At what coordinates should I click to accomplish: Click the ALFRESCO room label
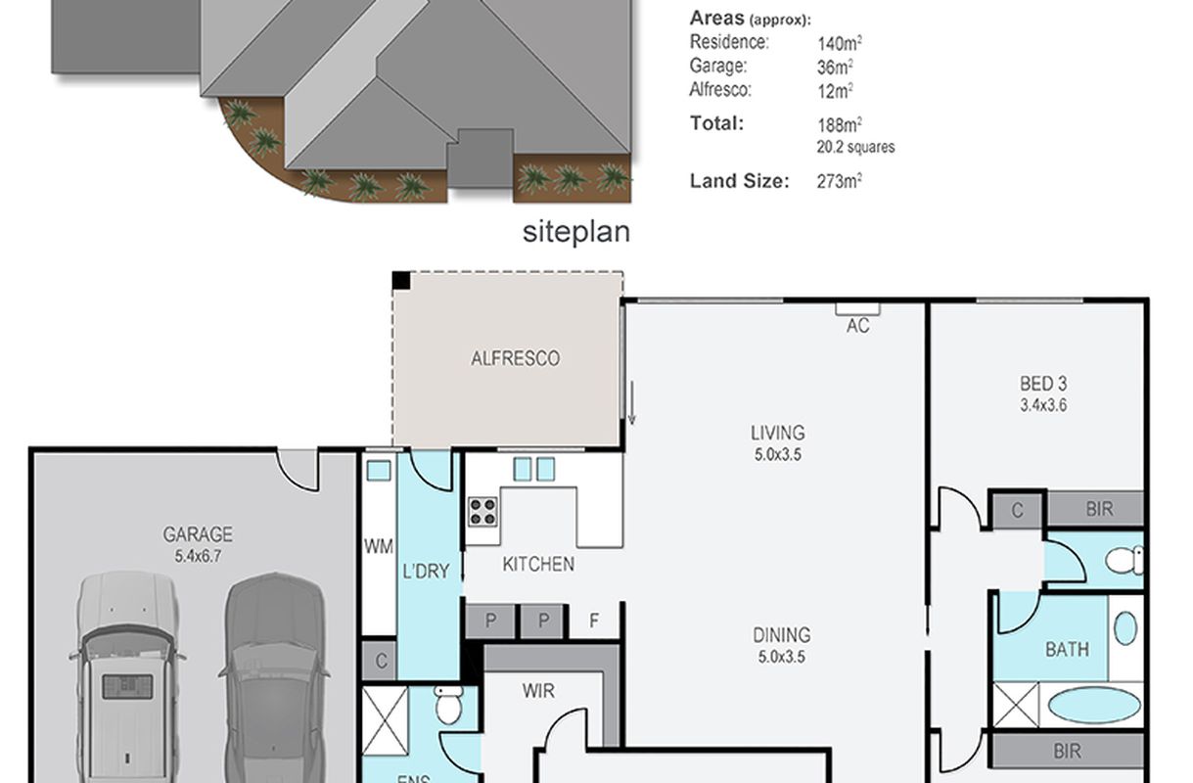[x=515, y=358]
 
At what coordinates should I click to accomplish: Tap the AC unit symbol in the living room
[x=857, y=309]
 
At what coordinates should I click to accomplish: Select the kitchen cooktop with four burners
[x=483, y=512]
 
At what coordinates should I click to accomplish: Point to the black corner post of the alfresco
[x=401, y=281]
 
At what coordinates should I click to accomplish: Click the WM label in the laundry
[x=379, y=546]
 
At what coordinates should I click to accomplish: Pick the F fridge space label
[x=594, y=621]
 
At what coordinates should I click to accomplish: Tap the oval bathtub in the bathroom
[x=1094, y=706]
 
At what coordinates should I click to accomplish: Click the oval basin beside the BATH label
[x=1125, y=628]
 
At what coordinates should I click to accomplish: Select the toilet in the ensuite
[x=448, y=704]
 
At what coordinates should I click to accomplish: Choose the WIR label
[x=538, y=691]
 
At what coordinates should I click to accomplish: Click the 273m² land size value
[x=840, y=181]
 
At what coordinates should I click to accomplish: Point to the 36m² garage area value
[x=835, y=68]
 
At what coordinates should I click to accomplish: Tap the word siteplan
[x=576, y=232]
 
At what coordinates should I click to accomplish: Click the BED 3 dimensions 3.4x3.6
[x=1043, y=405]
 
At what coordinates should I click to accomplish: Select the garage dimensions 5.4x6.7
[x=198, y=557]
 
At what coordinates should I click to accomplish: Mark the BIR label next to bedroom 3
[x=1099, y=509]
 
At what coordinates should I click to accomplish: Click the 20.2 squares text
[x=856, y=147]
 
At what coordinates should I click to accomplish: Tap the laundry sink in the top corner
[x=379, y=471]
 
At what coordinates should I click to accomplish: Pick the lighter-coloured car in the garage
[x=126, y=677]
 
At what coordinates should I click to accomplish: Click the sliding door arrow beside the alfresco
[x=631, y=402]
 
